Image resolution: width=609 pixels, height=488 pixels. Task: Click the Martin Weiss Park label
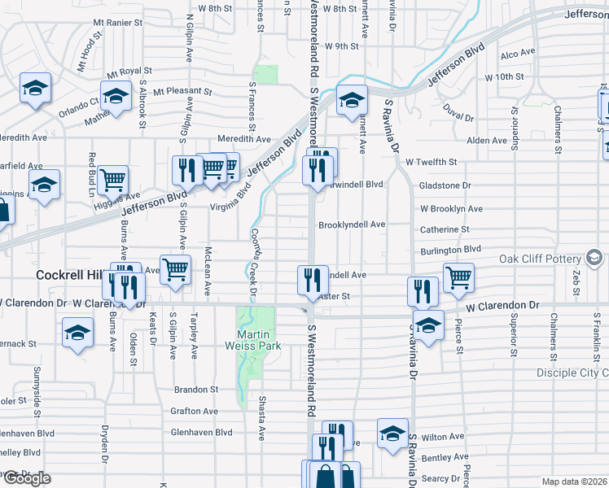253,339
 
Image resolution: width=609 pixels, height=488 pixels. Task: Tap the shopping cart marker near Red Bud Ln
113,179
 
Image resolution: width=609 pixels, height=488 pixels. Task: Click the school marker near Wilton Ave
392,433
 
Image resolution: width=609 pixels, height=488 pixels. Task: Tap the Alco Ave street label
518,53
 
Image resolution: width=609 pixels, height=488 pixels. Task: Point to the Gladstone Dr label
445,185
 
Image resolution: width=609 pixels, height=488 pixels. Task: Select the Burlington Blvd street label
451,250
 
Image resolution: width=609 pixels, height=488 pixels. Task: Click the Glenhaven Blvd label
201,433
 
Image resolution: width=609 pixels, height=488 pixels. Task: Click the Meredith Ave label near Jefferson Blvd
243,139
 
